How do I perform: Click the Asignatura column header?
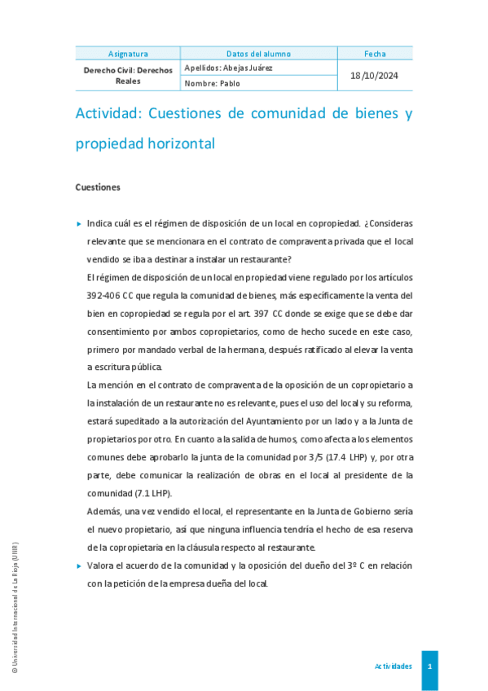coord(128,54)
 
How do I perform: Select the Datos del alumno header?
coord(258,54)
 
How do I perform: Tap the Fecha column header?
coord(375,54)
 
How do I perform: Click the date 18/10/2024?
coord(375,76)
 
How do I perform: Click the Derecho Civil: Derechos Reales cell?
coord(128,76)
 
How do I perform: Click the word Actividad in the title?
coord(108,114)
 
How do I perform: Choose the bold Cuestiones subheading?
coord(98,187)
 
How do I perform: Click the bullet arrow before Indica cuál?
coord(79,222)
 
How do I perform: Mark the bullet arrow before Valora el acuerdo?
coord(79,565)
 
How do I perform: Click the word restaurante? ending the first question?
coord(262,260)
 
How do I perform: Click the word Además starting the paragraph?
coord(103,511)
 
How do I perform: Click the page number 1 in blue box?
coord(429,667)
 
